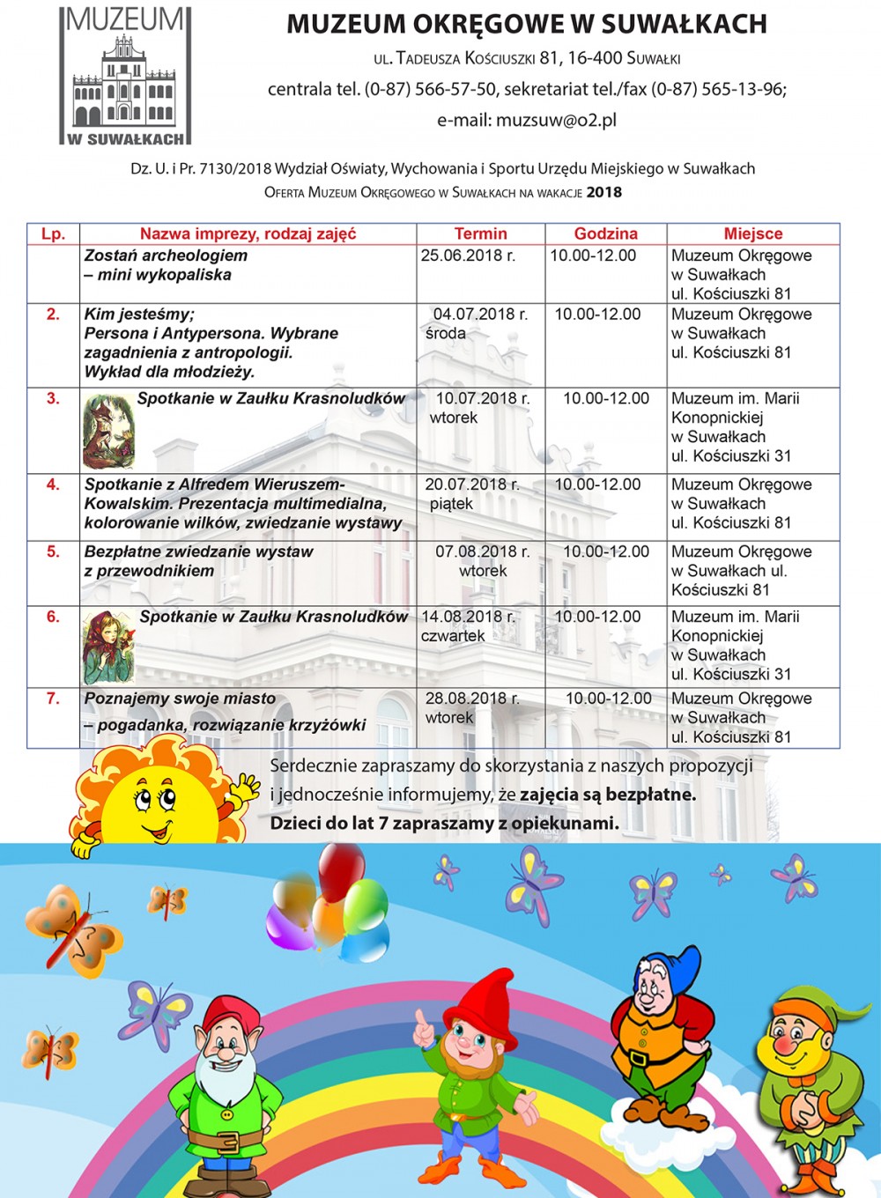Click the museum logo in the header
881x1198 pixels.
125,76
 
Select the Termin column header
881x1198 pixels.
480,233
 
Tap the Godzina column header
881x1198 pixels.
605,233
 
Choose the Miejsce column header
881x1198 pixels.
753,233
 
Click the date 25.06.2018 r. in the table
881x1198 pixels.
468,255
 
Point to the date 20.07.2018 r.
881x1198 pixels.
472,484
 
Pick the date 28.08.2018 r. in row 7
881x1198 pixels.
472,699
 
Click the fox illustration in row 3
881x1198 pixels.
108,431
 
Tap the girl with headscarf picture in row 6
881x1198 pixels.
108,647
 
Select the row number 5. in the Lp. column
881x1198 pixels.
53,551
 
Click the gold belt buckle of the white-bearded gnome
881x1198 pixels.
227,1142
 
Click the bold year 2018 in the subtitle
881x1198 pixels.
604,192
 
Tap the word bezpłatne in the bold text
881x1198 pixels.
650,795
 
